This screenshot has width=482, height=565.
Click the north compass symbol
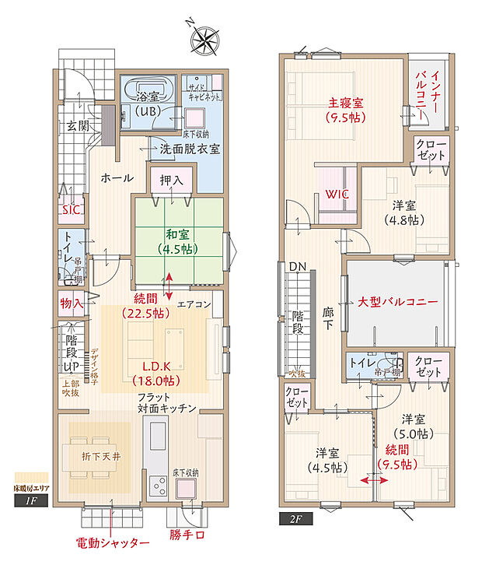205,37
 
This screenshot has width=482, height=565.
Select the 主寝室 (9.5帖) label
345,110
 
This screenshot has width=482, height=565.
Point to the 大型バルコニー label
398,301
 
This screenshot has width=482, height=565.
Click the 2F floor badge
295,514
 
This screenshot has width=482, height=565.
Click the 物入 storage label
72,302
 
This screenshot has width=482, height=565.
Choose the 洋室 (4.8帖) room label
404,212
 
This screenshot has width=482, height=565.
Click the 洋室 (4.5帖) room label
327,460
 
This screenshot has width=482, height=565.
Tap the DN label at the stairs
298,267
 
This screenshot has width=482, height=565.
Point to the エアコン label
194,304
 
